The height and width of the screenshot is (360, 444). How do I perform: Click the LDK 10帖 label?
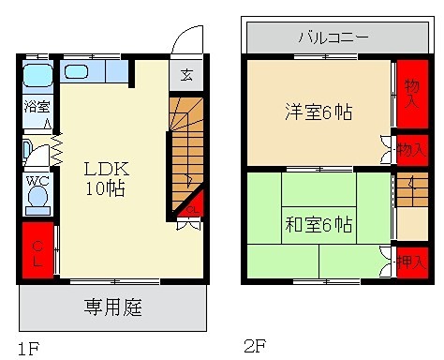(x=106, y=178)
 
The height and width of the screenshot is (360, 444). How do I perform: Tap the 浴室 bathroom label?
(x=37, y=108)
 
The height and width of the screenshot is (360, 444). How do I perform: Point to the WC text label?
(x=37, y=181)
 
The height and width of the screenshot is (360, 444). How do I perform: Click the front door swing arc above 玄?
(x=186, y=42)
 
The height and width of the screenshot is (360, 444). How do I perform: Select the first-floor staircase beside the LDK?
(x=185, y=150)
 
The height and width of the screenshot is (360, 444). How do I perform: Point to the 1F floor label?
(x=28, y=349)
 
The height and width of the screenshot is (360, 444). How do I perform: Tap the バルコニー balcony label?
(x=333, y=38)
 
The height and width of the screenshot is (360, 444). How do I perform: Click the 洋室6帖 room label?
(x=318, y=112)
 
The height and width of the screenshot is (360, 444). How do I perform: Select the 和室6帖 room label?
(x=318, y=224)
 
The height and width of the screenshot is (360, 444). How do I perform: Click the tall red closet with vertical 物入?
(x=407, y=94)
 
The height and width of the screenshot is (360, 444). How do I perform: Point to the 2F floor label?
(x=256, y=346)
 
